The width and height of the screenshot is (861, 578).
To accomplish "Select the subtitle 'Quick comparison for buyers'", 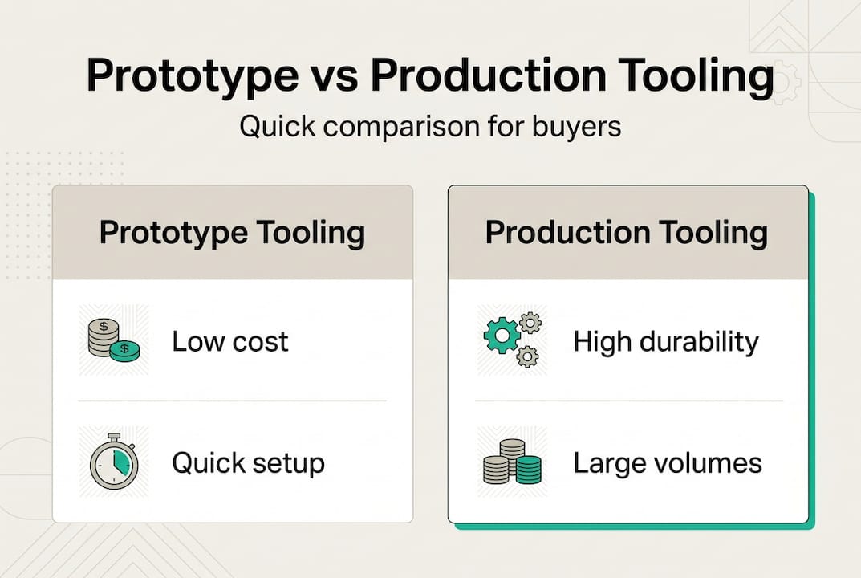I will [x=430, y=126].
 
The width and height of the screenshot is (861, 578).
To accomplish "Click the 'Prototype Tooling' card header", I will [x=232, y=233].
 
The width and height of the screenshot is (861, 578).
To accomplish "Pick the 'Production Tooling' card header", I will [x=627, y=233].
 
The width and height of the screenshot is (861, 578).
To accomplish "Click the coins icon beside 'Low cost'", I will [x=113, y=340].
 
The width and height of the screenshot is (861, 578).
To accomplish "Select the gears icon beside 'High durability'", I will [x=511, y=340].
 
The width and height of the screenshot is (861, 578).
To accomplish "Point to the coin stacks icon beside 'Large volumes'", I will [x=511, y=462].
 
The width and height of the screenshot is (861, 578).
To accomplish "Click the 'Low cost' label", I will [x=230, y=342].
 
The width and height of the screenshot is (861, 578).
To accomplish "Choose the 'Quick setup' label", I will [x=248, y=463].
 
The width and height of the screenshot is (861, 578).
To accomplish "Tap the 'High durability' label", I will [x=666, y=342].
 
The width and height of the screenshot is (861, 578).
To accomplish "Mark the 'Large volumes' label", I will [x=668, y=463].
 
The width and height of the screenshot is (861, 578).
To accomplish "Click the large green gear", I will [x=501, y=336].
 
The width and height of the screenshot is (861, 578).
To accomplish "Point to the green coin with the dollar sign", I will [x=124, y=350].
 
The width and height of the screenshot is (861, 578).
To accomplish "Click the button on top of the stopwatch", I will [x=113, y=437].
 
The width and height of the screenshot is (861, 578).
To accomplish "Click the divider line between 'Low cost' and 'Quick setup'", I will [x=232, y=401].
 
